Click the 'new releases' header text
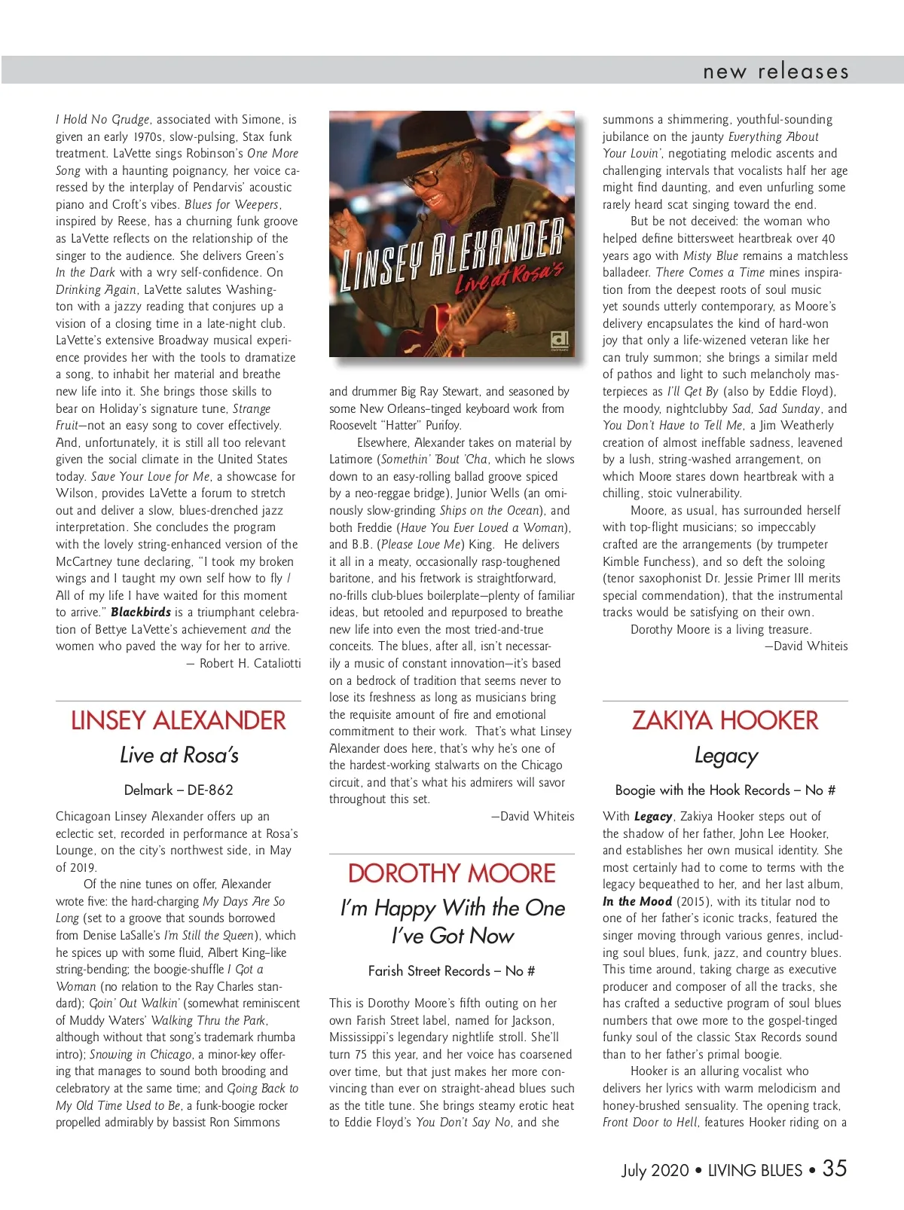(775, 72)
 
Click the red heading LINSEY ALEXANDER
(179, 720)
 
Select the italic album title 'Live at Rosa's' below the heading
(179, 755)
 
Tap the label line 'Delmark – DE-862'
(179, 790)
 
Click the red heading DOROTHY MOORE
(451, 873)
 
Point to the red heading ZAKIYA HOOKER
(725, 720)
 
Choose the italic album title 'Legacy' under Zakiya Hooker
(725, 756)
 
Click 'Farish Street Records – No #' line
(451, 970)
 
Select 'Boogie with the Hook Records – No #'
(725, 790)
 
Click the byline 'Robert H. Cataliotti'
(249, 663)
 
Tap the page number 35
(834, 1168)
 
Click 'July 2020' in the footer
(655, 1170)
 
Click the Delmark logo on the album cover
(560, 340)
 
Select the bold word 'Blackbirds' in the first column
(141, 612)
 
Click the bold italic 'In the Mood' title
(637, 901)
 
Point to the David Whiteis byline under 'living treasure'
(806, 646)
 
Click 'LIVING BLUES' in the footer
(755, 1170)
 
